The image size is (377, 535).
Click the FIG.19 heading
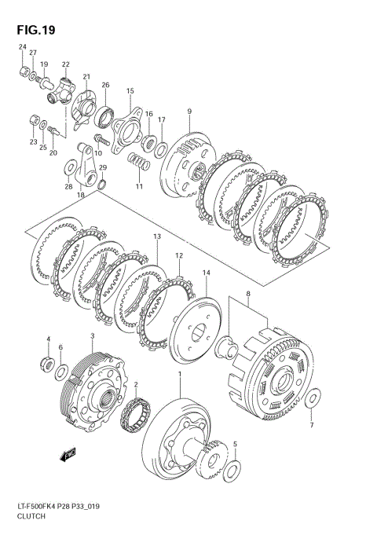(36, 30)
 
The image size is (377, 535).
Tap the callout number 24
(22, 47)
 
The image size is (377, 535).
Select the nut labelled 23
(34, 120)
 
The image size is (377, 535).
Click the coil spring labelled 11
(138, 162)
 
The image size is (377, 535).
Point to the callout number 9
(189, 112)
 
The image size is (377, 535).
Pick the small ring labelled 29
(102, 185)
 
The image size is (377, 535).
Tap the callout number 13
(157, 236)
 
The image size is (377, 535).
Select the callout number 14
(207, 273)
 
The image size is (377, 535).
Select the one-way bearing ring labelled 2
(135, 415)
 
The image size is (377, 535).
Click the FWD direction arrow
(68, 455)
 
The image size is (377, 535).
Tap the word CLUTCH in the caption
(31, 516)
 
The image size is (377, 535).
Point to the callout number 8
(248, 293)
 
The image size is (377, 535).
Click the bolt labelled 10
(101, 139)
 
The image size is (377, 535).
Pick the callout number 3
(92, 336)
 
